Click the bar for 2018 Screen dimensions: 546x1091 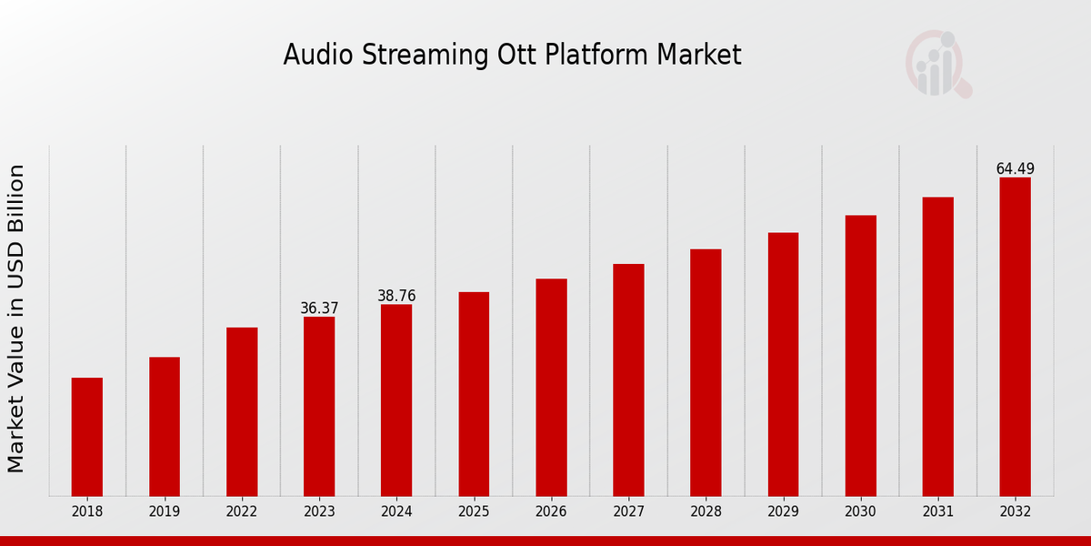click(x=87, y=437)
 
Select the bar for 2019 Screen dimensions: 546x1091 click(x=165, y=427)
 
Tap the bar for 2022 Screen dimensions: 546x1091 click(x=242, y=411)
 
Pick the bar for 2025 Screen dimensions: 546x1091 click(x=474, y=394)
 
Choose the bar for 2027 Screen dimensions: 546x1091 click(x=628, y=379)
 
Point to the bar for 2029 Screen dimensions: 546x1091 click(x=783, y=364)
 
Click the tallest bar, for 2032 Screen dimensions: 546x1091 click(x=1015, y=337)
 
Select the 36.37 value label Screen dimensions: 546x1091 click(x=319, y=308)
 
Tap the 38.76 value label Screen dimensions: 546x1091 click(x=396, y=296)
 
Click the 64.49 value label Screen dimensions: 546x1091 click(x=1015, y=169)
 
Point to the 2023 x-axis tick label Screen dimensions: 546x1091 click(x=319, y=512)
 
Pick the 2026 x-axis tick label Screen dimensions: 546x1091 click(x=551, y=512)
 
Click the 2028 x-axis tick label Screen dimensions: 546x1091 click(x=706, y=512)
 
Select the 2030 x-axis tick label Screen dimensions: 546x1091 click(x=860, y=512)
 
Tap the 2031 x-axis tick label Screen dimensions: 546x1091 click(x=937, y=512)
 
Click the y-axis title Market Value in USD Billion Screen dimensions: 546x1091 click(x=16, y=318)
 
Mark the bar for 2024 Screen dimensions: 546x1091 click(x=396, y=400)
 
